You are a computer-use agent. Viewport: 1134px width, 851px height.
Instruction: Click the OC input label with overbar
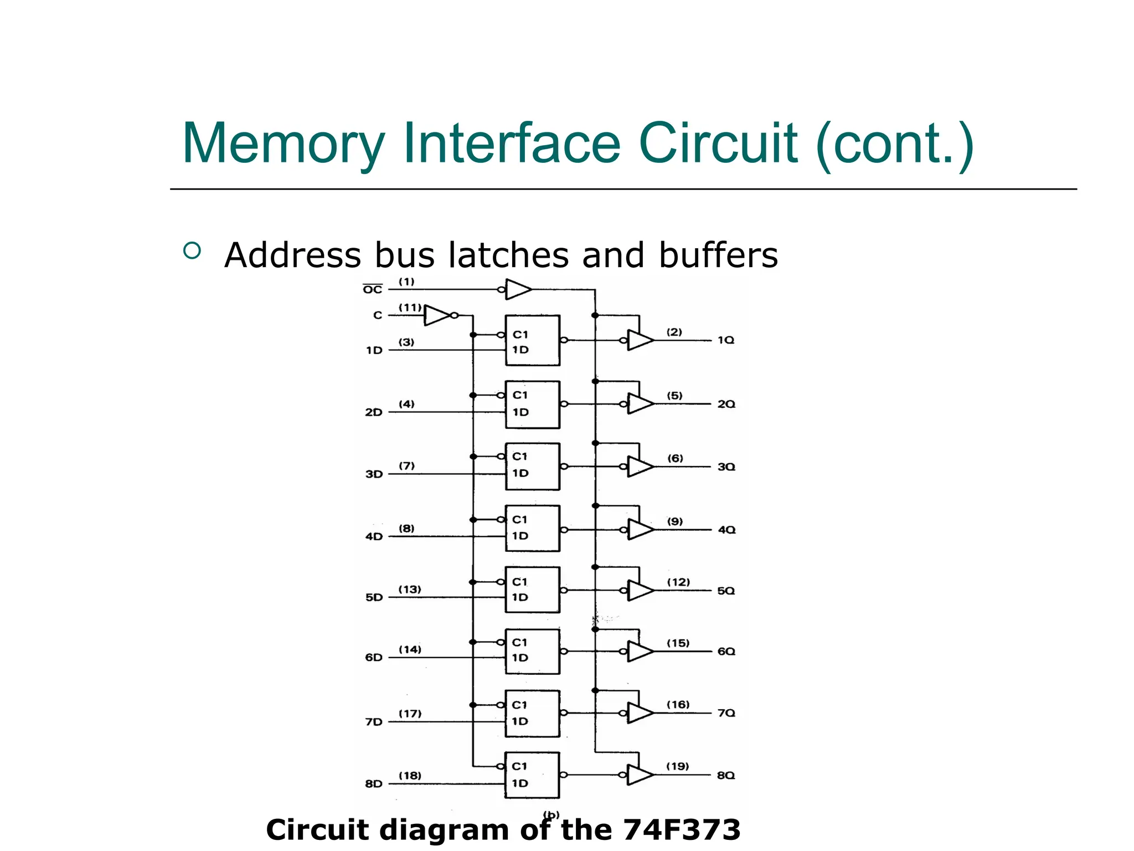[373, 289]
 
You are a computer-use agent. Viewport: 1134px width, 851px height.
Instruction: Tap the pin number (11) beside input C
[410, 307]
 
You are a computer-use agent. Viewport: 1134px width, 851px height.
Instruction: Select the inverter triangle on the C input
[437, 315]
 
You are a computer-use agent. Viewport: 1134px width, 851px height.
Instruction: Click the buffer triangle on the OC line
[518, 289]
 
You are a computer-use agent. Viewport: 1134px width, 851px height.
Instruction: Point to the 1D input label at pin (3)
[374, 350]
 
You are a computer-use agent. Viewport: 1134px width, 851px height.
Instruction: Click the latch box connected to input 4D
[532, 528]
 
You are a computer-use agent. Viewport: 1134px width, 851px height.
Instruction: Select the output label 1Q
[725, 340]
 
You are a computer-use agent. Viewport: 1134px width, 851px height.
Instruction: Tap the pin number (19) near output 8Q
[677, 766]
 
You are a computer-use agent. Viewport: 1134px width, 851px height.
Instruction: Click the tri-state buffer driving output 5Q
[639, 591]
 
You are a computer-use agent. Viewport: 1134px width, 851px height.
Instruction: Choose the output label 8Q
[725, 775]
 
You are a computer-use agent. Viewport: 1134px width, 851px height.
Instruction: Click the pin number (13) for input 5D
[410, 589]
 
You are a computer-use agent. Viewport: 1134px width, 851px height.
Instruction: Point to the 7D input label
[374, 722]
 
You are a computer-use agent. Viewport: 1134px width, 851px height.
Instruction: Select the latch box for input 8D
[532, 775]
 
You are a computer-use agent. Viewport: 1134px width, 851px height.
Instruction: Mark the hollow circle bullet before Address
[192, 251]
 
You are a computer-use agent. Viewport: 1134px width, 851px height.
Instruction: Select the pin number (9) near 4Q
[674, 521]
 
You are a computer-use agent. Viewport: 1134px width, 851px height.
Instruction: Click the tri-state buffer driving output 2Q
[639, 404]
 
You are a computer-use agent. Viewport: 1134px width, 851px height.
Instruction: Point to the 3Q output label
[726, 467]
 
